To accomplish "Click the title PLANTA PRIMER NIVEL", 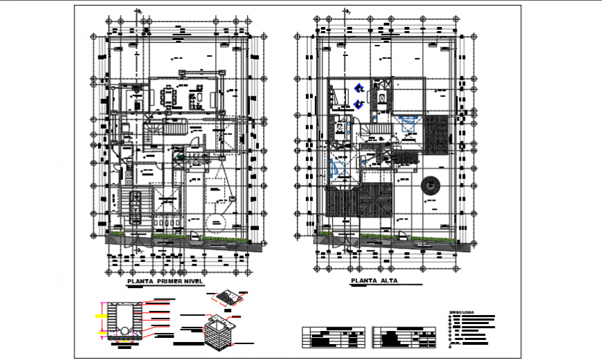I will pos(163,282).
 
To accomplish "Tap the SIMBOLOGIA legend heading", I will pos(462,313).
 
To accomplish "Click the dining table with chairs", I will pos(169,95).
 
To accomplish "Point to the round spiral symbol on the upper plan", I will pos(430,185).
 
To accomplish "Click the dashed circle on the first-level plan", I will pos(217,223).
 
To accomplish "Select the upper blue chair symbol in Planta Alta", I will pos(359,88).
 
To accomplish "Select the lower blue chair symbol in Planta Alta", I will pos(359,104).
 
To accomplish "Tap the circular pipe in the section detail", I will pos(124,330).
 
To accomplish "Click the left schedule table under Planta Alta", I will pos(334,337).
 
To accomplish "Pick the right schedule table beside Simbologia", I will pos(404,337).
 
